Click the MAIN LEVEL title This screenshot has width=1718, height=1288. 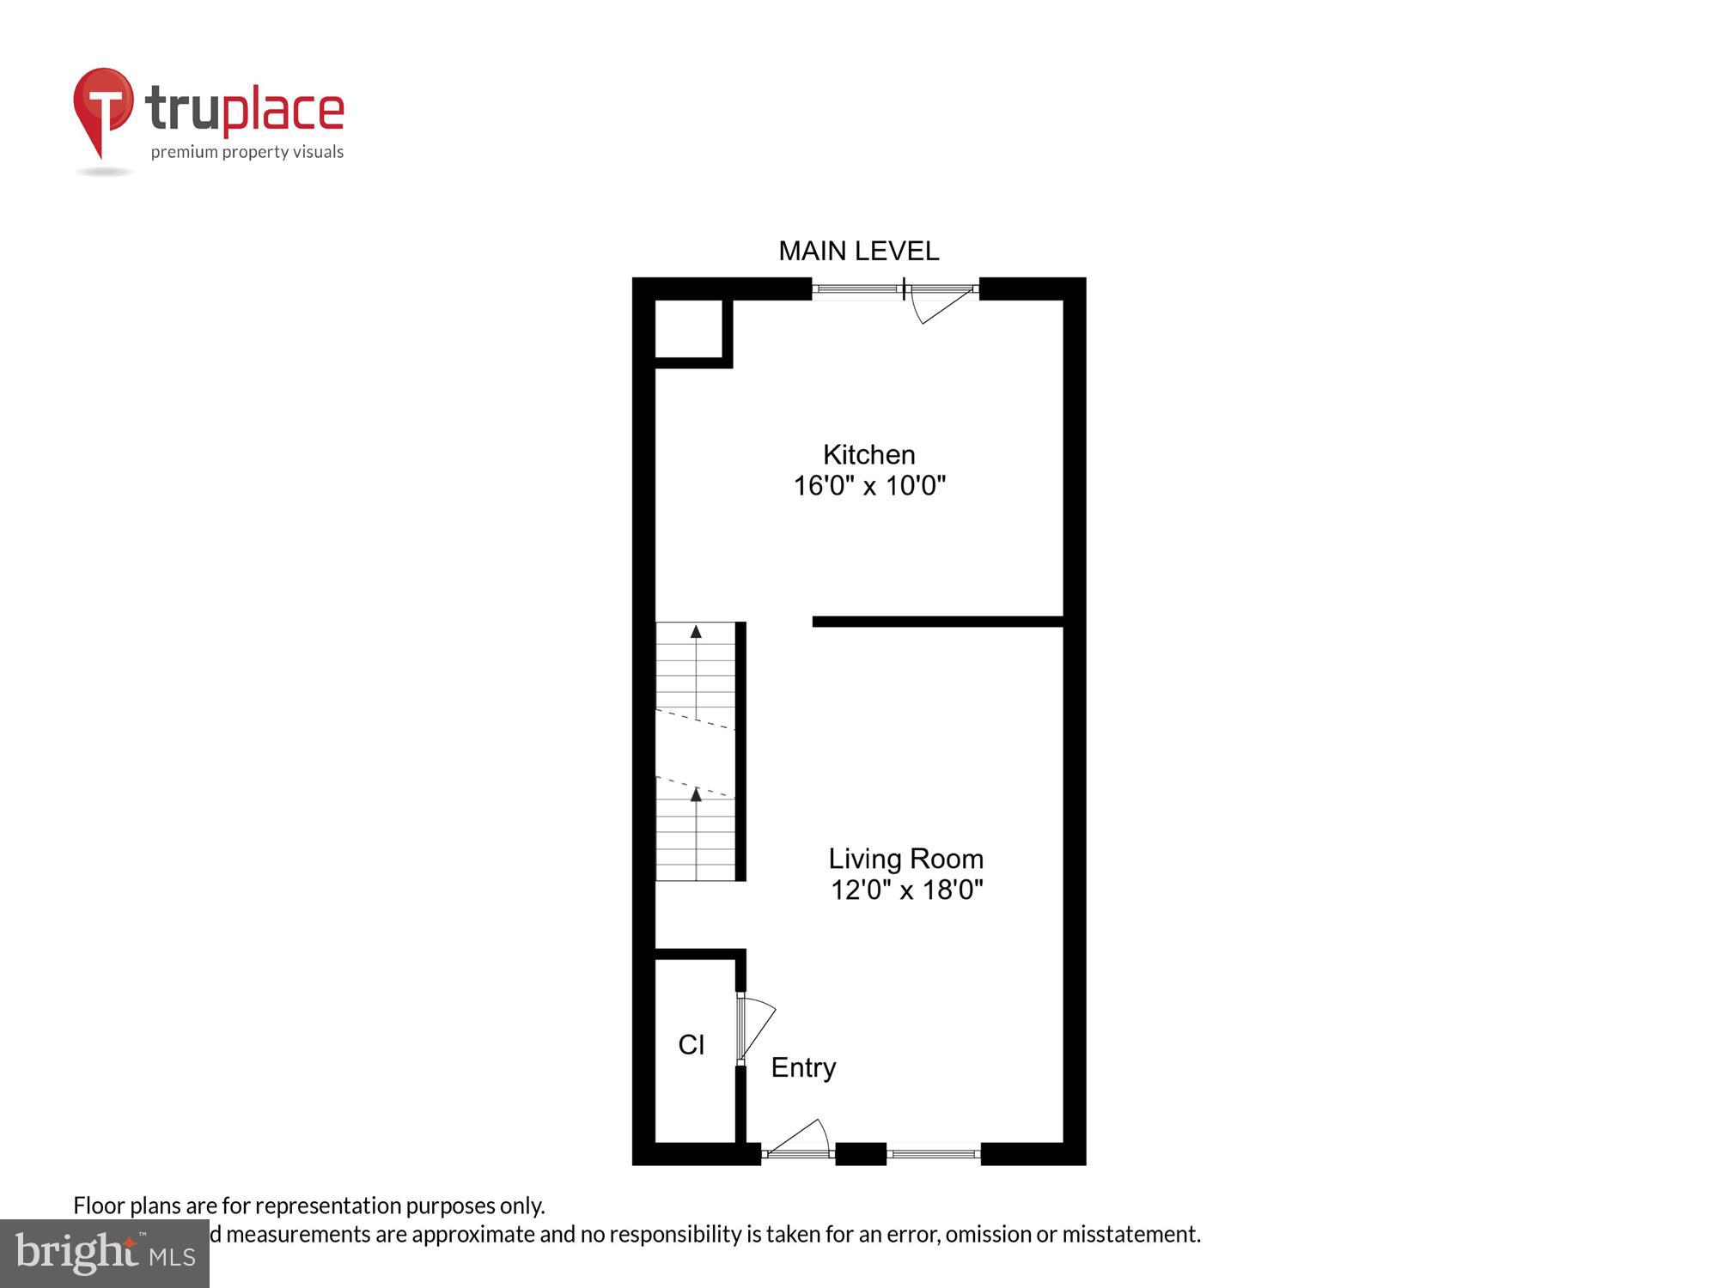click(858, 251)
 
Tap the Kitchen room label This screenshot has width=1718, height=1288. click(868, 454)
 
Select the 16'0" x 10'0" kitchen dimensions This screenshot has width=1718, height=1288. click(868, 486)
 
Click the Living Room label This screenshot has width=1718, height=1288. click(905, 859)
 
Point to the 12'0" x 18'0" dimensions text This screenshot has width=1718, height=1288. click(905, 890)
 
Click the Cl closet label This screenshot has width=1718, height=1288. click(691, 1045)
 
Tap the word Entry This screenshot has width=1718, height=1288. click(803, 1067)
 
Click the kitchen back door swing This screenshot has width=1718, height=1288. click(942, 305)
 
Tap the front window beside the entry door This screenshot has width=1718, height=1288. click(934, 1153)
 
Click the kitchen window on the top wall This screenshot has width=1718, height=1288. click(856, 289)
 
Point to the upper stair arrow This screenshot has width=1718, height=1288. click(696, 633)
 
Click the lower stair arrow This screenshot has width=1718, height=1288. click(696, 795)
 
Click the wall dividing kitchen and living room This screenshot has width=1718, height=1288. click(936, 622)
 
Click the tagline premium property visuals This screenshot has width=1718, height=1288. click(247, 153)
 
